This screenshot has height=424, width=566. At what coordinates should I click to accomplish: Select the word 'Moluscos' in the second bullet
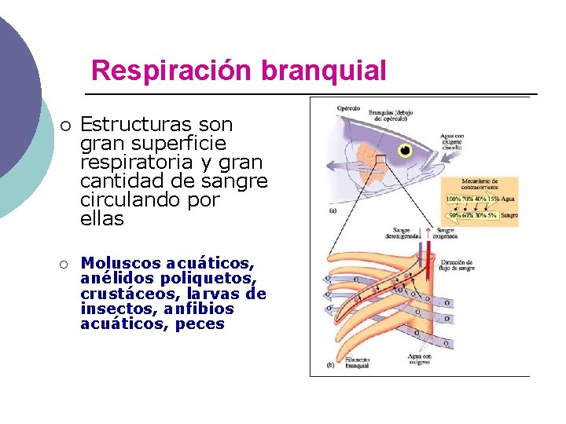[x=121, y=263]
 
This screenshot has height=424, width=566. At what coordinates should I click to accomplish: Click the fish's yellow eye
[x=406, y=148]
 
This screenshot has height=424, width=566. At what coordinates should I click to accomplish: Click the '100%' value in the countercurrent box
[x=454, y=200]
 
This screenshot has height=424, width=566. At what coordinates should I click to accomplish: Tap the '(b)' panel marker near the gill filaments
[x=331, y=366]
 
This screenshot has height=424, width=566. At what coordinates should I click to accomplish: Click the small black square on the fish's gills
[x=380, y=160]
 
